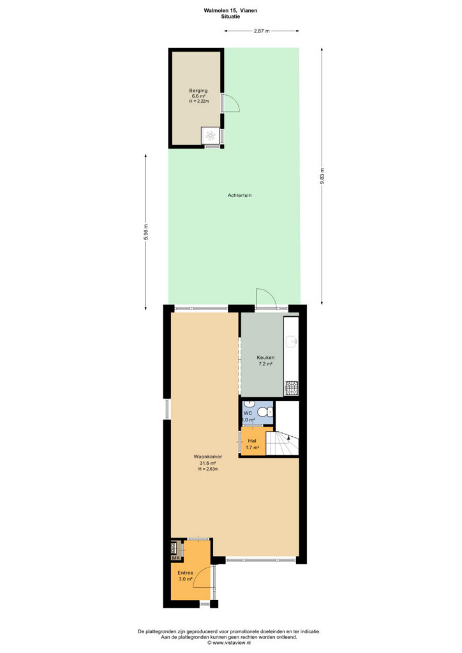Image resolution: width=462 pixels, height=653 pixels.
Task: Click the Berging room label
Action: [x=198, y=91]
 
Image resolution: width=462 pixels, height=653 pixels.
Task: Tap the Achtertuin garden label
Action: [x=239, y=195]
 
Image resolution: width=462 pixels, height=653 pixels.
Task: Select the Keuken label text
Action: [x=265, y=357]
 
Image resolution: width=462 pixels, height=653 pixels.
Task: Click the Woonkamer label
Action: [x=208, y=457]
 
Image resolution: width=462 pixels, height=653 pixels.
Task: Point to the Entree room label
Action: [x=186, y=573]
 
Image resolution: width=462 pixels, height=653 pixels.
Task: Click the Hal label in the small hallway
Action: [x=252, y=441]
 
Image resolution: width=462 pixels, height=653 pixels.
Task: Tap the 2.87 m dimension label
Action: [x=262, y=31]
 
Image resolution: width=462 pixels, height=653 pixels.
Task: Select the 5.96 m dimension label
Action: [x=145, y=232]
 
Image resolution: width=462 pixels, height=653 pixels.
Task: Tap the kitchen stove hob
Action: [x=291, y=388]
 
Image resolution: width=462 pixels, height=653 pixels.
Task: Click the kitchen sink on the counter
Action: [x=292, y=341]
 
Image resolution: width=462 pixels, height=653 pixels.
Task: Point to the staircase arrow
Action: [x=288, y=436]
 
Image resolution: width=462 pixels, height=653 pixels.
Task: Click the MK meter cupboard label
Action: [x=175, y=557]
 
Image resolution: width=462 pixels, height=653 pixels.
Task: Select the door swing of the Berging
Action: [x=232, y=103]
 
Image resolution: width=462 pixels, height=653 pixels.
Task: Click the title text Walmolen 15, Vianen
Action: [x=230, y=10]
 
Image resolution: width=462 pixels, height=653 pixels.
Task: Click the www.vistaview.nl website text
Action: [x=231, y=643]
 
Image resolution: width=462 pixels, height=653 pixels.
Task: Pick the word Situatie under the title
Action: [x=230, y=17]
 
